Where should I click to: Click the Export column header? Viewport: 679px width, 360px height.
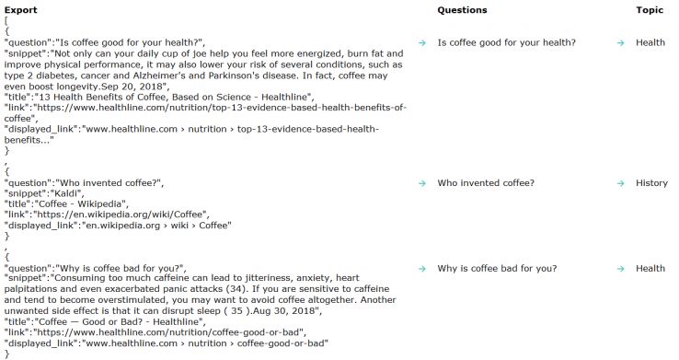20,10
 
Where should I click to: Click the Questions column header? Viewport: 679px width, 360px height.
462,10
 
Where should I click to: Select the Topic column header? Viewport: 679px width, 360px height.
650,10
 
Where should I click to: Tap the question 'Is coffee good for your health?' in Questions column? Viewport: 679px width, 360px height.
506,42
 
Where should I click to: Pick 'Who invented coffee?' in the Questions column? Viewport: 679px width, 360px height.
485,183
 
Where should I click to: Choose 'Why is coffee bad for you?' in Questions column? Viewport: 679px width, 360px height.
497,269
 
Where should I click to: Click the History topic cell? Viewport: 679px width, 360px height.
651,183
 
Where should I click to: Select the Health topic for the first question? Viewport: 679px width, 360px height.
650,42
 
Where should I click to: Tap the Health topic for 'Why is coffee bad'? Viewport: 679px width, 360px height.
650,269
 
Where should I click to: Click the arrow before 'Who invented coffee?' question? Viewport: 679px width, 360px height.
421,183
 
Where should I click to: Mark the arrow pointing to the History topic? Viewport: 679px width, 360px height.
621,183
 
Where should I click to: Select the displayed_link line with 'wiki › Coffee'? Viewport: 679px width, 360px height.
120,224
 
